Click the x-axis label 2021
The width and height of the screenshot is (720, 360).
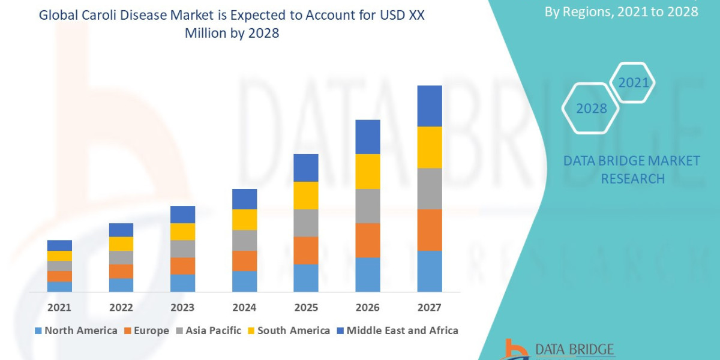(59, 308)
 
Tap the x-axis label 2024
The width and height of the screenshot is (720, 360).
(244, 308)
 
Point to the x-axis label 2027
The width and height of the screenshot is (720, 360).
(429, 308)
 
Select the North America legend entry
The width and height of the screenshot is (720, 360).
(76, 331)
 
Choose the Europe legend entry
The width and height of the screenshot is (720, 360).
(147, 331)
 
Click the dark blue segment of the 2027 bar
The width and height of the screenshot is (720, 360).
(430, 106)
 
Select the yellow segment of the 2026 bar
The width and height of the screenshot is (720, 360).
(368, 172)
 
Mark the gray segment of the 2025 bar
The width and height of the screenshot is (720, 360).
(306, 223)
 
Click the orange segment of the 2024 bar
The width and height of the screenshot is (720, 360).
(244, 260)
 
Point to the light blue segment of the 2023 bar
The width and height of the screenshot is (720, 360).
(182, 283)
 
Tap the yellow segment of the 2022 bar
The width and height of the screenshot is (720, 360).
(121, 244)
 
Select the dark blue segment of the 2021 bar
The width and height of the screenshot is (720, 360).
(59, 245)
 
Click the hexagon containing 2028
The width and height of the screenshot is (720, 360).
(591, 109)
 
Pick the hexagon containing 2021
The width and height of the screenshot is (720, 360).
(633, 83)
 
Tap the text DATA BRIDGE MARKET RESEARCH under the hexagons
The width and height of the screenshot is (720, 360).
(632, 170)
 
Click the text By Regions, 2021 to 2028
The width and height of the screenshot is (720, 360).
(621, 11)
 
